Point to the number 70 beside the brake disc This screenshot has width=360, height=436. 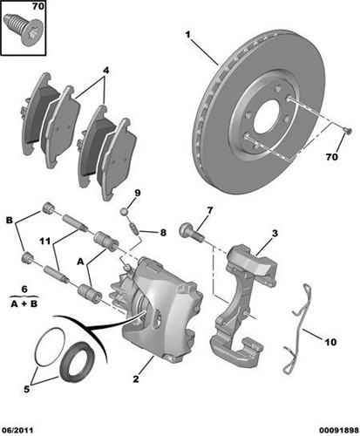pos(330,156)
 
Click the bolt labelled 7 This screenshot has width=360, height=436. pos(191,232)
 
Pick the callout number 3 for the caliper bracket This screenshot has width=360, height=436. pos(274,233)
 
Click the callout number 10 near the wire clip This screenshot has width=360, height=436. pos(330,342)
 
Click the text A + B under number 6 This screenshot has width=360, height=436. pos(24,305)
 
